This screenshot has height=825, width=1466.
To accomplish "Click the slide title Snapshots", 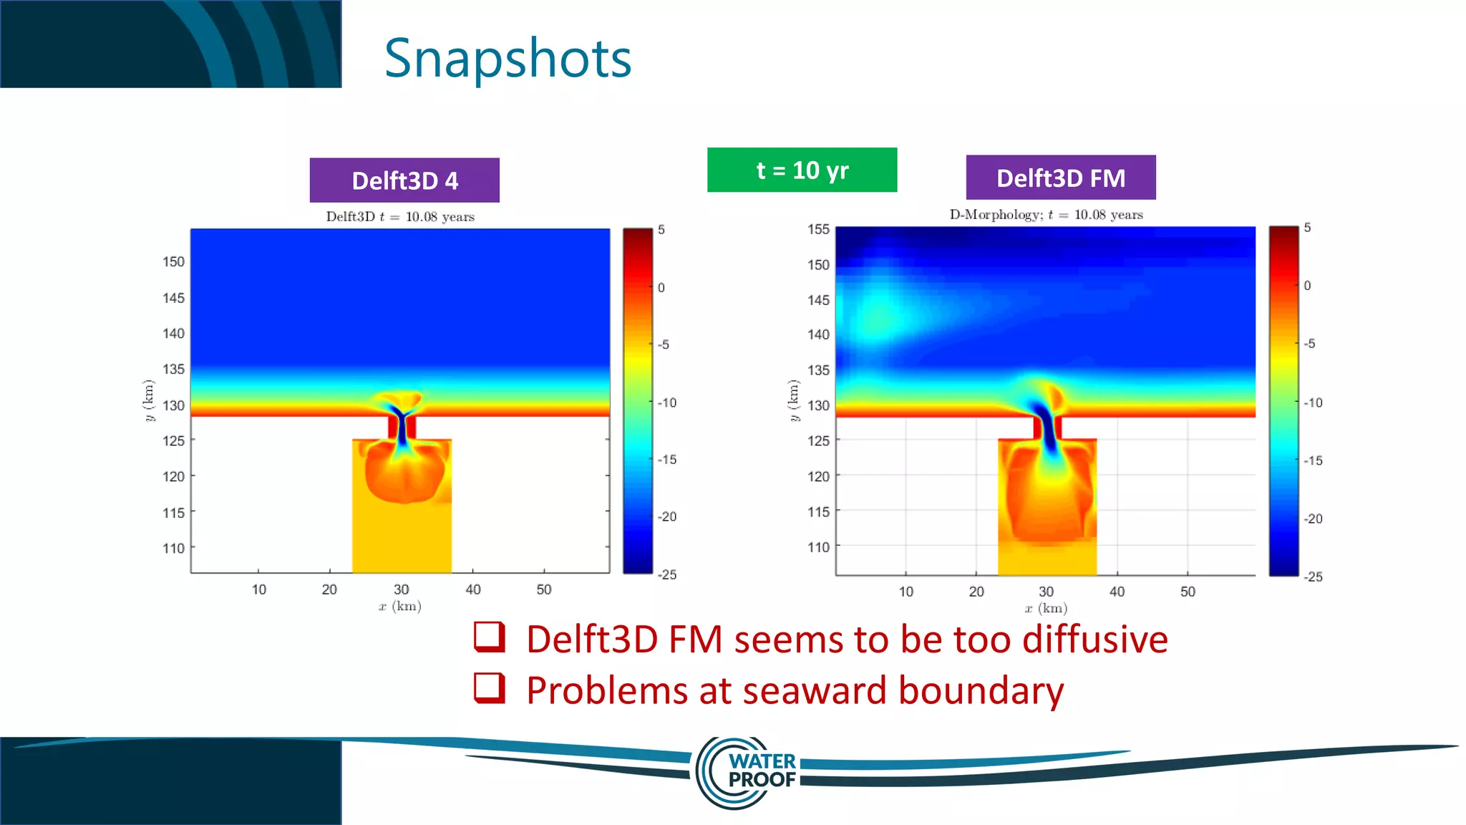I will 508,59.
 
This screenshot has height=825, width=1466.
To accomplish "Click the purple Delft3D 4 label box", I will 404,180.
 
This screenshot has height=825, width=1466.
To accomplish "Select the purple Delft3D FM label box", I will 1060,178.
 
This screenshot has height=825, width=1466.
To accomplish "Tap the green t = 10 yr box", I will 802,170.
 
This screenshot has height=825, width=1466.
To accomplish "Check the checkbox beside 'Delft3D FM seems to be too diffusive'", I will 490,637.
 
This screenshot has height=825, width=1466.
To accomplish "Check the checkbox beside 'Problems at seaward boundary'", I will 490,688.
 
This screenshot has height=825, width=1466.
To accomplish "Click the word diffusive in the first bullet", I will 1094,640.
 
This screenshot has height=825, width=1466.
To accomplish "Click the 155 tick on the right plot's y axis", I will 818,229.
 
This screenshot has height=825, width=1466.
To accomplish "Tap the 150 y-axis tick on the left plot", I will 173,262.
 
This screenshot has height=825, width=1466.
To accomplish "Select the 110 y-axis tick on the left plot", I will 173,549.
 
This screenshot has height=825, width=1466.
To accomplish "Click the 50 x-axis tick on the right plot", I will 1188,592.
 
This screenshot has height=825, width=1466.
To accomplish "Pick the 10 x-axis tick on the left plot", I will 258,589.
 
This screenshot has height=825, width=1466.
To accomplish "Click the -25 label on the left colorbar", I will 667,574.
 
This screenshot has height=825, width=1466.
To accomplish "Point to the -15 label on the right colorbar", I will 1313,460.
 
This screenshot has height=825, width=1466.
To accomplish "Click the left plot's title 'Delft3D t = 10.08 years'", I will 400,217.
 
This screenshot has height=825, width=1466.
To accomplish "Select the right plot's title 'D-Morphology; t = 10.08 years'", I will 1046,215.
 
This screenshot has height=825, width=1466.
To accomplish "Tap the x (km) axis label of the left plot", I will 400,607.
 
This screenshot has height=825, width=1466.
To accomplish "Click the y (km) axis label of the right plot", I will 793,400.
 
